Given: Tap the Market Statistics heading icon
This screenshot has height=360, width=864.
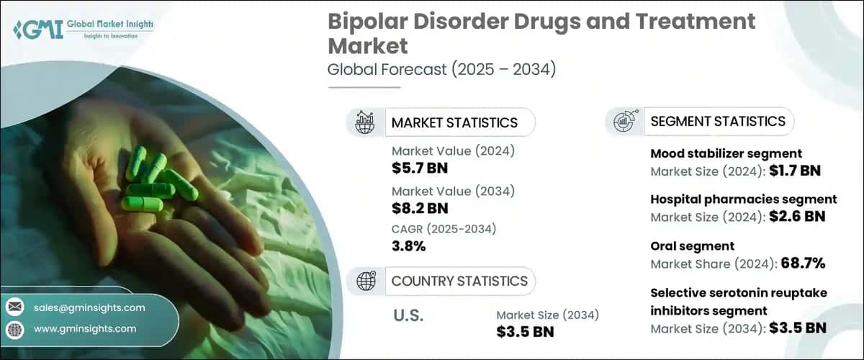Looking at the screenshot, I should click(x=365, y=122).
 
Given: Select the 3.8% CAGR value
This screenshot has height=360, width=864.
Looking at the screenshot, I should click(x=408, y=246).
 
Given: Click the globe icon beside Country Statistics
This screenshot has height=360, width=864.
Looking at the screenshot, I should click(x=365, y=281).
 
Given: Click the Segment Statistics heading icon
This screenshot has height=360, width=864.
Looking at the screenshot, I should click(x=624, y=122).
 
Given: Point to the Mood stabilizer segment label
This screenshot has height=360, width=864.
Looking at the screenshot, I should click(x=726, y=154).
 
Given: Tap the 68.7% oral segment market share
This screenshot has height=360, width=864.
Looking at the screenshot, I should click(x=803, y=264).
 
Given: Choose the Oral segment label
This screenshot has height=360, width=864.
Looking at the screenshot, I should click(x=682, y=246).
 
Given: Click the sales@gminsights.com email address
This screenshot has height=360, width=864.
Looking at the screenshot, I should click(x=89, y=307).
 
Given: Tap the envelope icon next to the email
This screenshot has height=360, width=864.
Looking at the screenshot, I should click(x=14, y=307).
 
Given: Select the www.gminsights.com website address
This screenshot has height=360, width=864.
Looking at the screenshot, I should click(x=84, y=328).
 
